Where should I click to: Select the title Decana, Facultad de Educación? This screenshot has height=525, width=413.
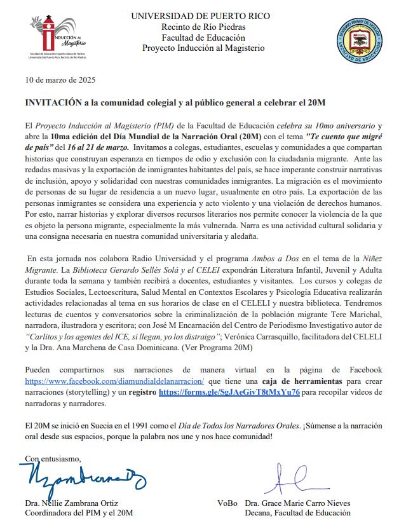[x=297, y=513]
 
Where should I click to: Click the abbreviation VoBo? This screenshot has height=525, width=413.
[x=227, y=503]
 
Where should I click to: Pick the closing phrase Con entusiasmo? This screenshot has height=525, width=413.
[x=53, y=458]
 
